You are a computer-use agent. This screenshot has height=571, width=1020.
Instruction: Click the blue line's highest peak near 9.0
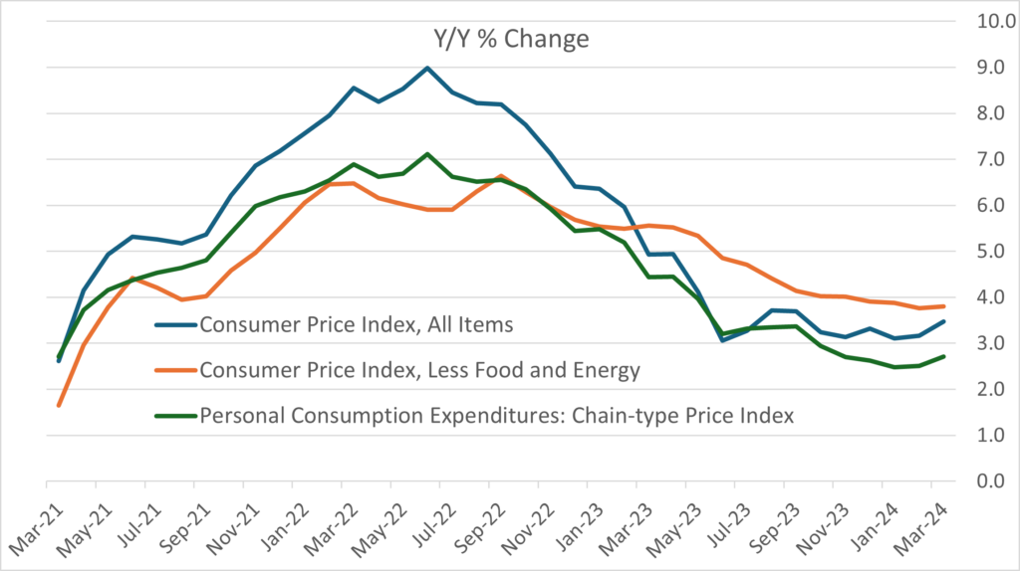(x=427, y=68)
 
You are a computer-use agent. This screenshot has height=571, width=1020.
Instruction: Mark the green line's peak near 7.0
(x=427, y=154)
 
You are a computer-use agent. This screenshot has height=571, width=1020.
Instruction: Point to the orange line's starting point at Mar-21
(x=59, y=405)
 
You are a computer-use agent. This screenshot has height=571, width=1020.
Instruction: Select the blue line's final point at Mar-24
(x=943, y=321)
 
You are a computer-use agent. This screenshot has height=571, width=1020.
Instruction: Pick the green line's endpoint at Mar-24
(x=943, y=356)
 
